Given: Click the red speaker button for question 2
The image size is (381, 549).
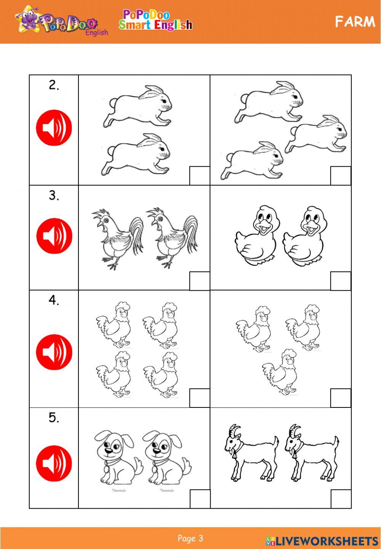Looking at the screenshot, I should [x=54, y=128].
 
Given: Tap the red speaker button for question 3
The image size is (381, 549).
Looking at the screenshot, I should [x=54, y=236].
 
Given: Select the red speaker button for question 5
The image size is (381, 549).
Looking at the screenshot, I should [x=54, y=463].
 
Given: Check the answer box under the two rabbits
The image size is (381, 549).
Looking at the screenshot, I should [x=200, y=176].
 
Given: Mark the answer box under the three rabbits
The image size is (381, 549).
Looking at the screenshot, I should [x=341, y=176].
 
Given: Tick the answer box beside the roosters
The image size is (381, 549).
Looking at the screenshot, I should [x=200, y=281].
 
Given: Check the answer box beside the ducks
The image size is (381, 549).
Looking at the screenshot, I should [x=341, y=281].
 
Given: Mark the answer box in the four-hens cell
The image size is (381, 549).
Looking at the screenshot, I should [x=200, y=398].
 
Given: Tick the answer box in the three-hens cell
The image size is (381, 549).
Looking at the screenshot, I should [x=341, y=398].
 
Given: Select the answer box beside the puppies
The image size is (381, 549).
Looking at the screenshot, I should [x=200, y=499].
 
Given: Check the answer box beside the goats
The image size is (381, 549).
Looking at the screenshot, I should [x=341, y=499].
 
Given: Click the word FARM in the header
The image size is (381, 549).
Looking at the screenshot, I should [x=355, y=22].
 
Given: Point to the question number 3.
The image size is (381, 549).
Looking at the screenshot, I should [x=54, y=196].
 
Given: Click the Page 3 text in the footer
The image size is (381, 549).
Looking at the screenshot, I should [x=190, y=538].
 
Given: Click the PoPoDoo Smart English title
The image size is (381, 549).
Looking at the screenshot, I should [x=155, y=20].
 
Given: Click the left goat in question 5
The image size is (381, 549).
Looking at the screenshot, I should [x=251, y=453].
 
